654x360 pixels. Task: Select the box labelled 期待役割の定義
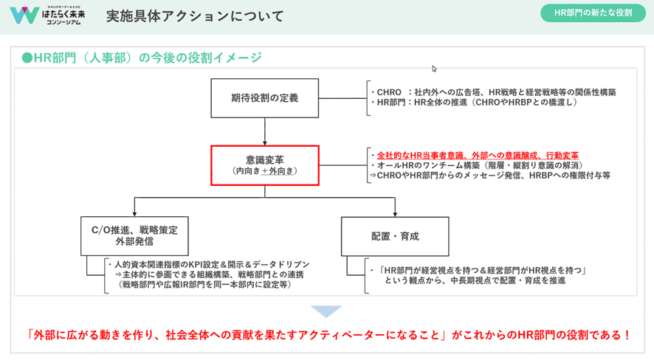[265, 97]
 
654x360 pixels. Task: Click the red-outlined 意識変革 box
[265, 164]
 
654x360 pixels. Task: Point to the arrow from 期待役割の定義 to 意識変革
[265, 132]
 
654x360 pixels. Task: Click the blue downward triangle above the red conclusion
[326, 311]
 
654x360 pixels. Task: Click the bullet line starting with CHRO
[496, 92]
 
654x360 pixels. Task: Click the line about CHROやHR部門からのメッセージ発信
[491, 177]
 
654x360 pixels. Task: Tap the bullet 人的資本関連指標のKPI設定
[208, 264]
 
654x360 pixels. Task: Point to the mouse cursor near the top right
[435, 69]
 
